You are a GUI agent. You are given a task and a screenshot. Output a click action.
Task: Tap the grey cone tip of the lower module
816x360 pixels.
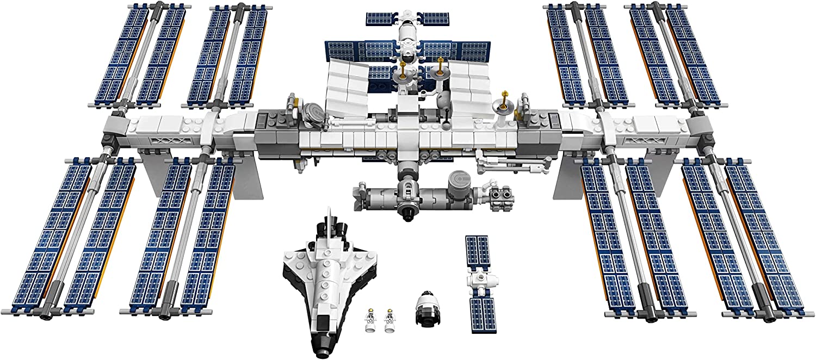[x=359, y=193]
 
